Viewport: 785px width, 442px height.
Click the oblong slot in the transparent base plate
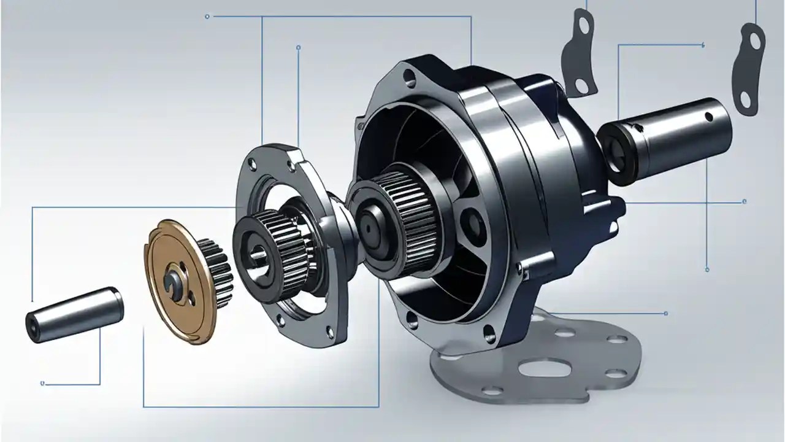tap(547, 369)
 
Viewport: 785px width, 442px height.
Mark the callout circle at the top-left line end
tap(207, 16)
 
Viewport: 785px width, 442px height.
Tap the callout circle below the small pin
tap(42, 384)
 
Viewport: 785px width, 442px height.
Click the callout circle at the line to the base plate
tap(665, 313)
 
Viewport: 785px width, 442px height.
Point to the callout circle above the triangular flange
tap(298, 47)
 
